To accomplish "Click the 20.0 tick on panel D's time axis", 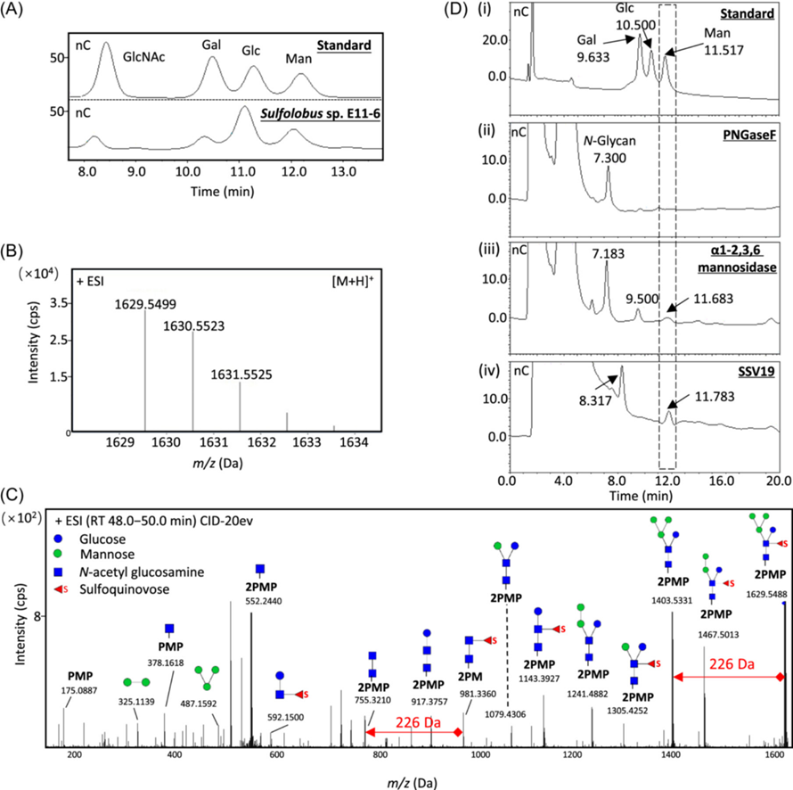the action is (778, 479).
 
